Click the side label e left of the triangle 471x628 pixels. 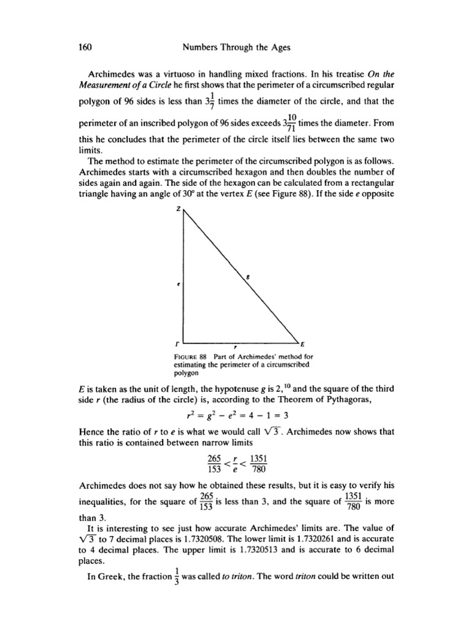click(x=176, y=285)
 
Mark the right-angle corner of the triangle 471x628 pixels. click(x=183, y=343)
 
